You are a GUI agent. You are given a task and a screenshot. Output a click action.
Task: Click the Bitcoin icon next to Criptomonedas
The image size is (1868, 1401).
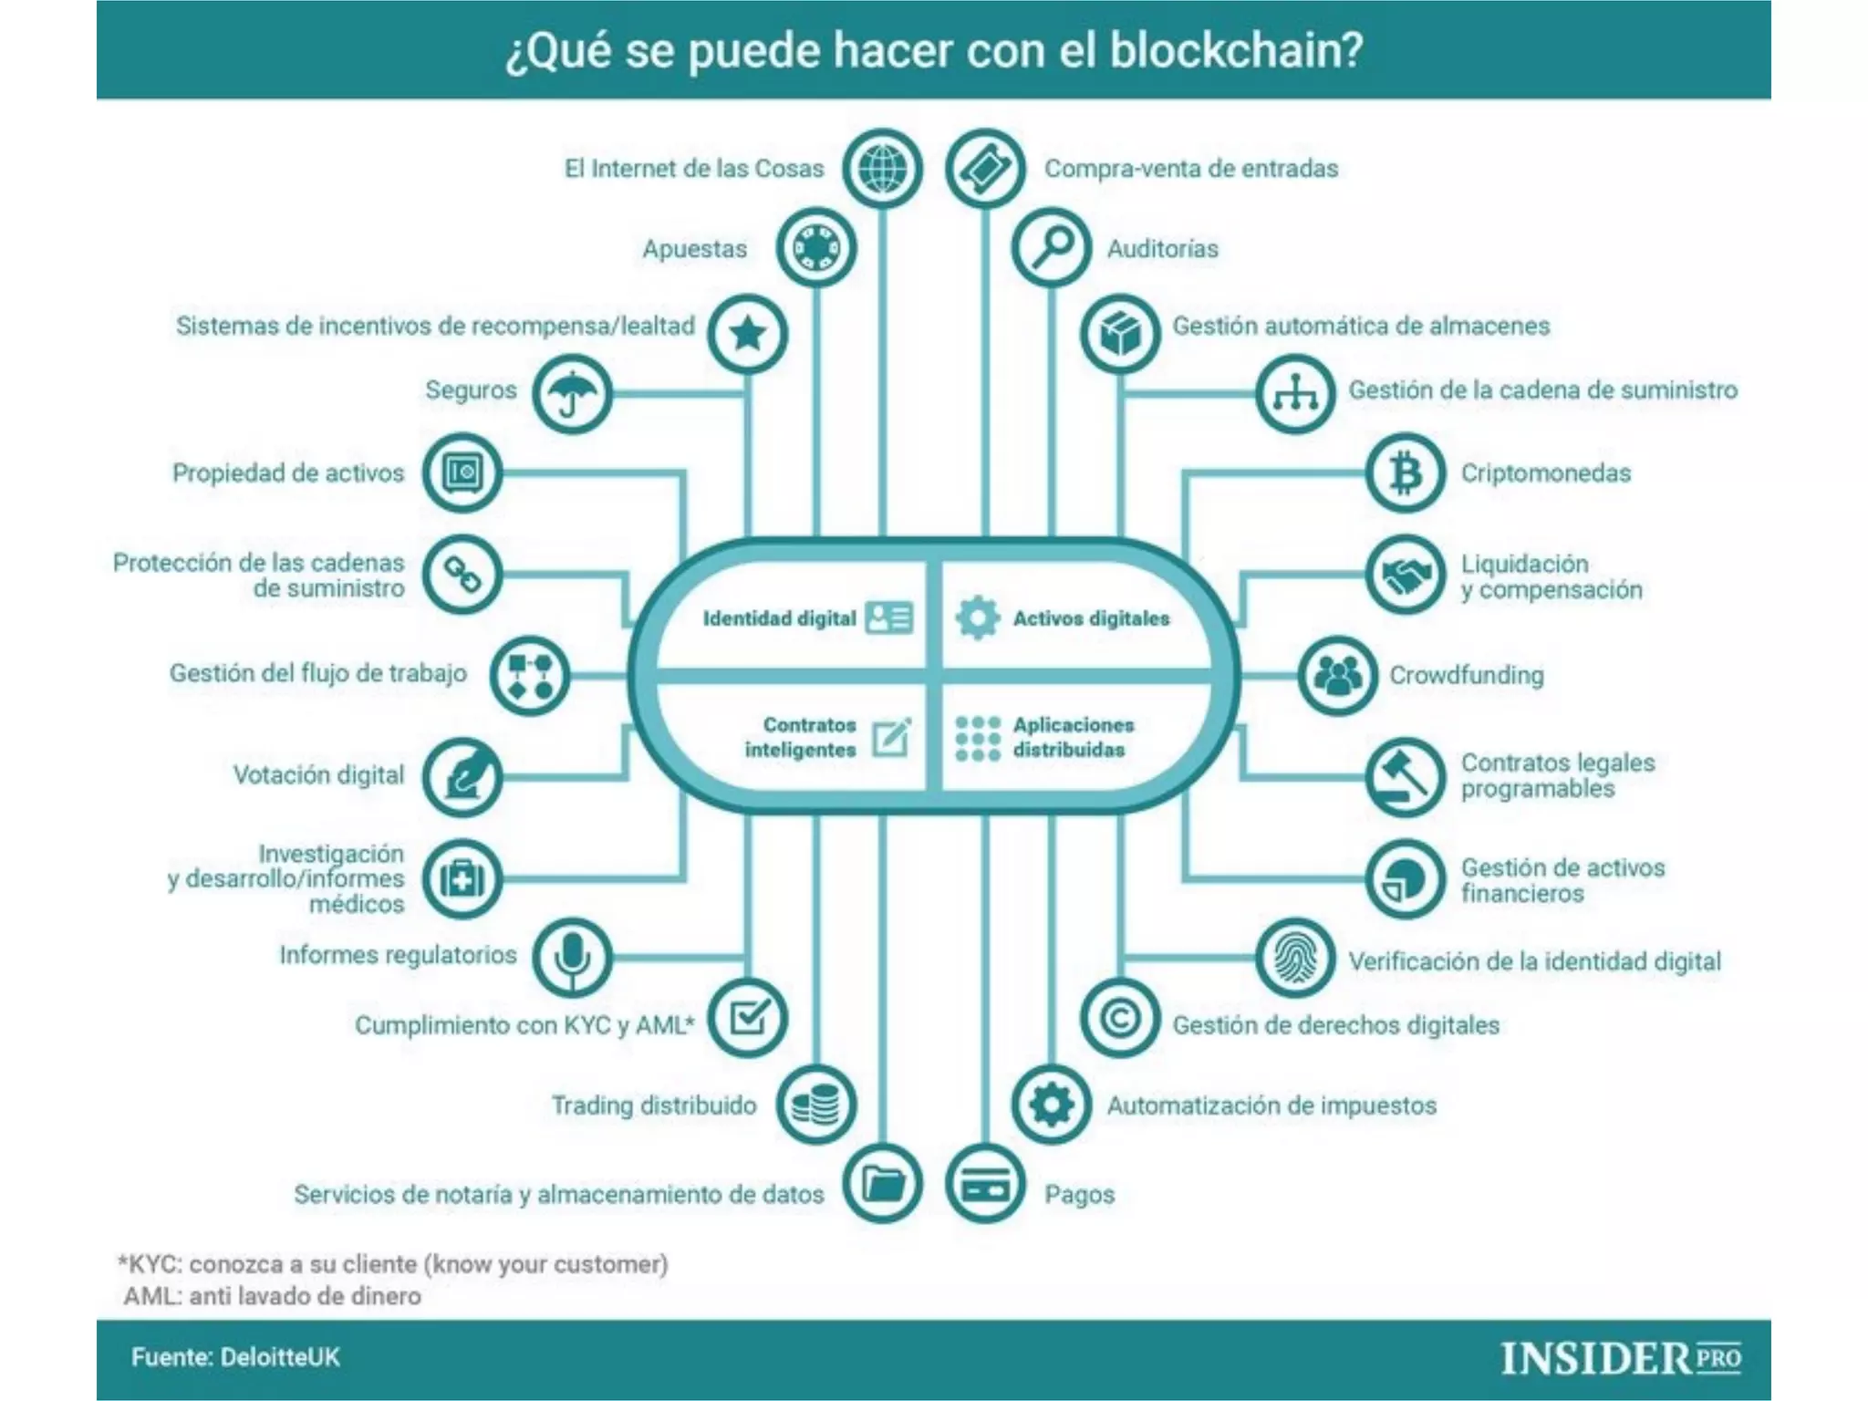pyautogui.click(x=1405, y=473)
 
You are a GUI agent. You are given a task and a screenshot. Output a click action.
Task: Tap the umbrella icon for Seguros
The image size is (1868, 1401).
pyautogui.click(x=572, y=394)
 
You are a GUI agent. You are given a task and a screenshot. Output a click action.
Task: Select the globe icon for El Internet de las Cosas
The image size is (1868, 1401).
pyautogui.click(x=882, y=169)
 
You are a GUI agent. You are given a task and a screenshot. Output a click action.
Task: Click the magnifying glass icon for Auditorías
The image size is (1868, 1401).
pyautogui.click(x=1052, y=248)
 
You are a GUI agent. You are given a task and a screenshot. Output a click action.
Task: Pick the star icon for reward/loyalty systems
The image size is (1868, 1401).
pyautogui.click(x=748, y=334)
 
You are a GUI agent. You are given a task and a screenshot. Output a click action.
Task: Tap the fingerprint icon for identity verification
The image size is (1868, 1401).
pyautogui.click(x=1295, y=959)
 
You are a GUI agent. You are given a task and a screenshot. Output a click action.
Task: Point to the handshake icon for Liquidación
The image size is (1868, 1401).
pyautogui.click(x=1405, y=575)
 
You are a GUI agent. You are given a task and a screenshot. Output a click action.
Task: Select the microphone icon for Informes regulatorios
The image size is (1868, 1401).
pyautogui.click(x=572, y=957)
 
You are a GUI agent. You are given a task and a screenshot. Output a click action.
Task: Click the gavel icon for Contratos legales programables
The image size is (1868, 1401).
pyautogui.click(x=1405, y=776)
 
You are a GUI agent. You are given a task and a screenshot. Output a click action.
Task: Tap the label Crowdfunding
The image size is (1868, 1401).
pyautogui.click(x=1466, y=676)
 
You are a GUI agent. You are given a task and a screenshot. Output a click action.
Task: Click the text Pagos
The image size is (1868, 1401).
pyautogui.click(x=1079, y=1194)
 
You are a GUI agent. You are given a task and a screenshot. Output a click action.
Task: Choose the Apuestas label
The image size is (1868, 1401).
pyautogui.click(x=694, y=249)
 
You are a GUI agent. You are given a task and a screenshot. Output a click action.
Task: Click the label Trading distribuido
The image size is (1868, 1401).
pyautogui.click(x=654, y=1105)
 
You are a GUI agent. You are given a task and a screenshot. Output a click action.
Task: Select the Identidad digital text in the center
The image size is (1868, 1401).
pyautogui.click(x=779, y=618)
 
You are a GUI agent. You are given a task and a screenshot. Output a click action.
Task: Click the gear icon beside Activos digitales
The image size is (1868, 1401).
pyautogui.click(x=977, y=618)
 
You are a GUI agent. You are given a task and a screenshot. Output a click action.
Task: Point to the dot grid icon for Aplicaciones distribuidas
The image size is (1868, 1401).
pyautogui.click(x=977, y=738)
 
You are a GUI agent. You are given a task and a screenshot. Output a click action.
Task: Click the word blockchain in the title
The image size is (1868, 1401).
pyautogui.click(x=1236, y=51)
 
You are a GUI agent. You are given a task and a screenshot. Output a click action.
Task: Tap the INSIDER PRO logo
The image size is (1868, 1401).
pyautogui.click(x=1621, y=1358)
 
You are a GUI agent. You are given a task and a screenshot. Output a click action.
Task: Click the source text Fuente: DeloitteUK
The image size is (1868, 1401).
pyautogui.click(x=235, y=1357)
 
